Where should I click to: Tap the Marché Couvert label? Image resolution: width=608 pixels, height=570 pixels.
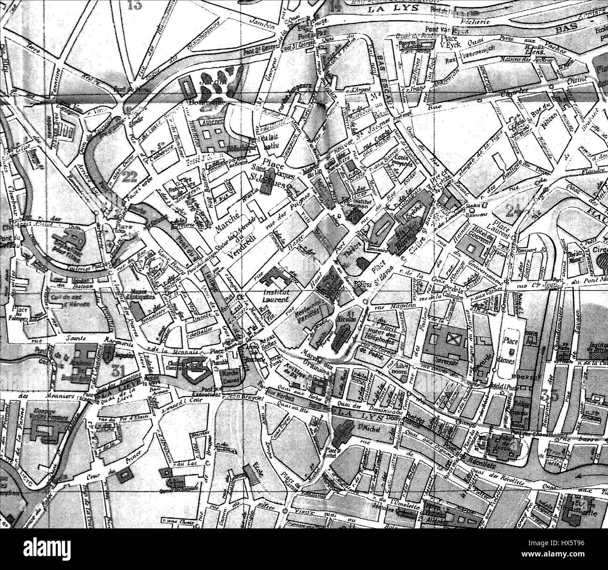coord(230,376)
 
